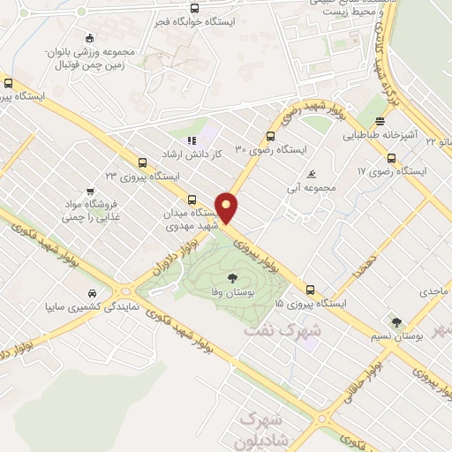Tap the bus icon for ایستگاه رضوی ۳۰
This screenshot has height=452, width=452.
pos(271,136)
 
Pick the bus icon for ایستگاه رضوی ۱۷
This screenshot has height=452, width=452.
pos(391,158)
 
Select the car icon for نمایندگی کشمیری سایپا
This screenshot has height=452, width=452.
pos(92,294)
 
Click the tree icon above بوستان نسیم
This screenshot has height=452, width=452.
pos(396,322)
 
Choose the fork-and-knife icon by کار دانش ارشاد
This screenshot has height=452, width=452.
pos(190,139)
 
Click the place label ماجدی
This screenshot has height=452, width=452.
pos(434,290)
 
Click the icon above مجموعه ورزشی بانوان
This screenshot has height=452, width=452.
pos(89,38)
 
